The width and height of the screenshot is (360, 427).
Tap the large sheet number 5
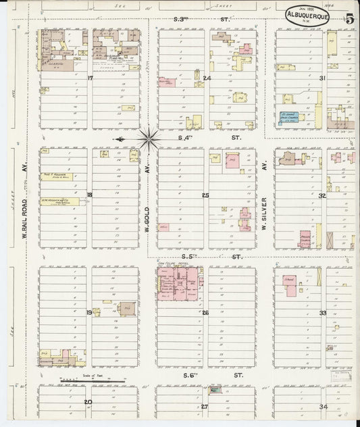pos(350,18)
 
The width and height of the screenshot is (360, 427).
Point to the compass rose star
pos(147,139)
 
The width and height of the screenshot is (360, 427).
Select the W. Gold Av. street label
pos(147,200)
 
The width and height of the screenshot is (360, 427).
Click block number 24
pos(207,78)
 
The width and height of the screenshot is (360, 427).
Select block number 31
pos(323,78)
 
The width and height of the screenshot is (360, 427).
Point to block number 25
pos(205,195)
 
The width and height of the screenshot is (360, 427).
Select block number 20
pos(88,401)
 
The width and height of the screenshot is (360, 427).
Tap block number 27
pos(205,406)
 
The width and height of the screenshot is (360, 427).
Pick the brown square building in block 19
pos(127,309)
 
